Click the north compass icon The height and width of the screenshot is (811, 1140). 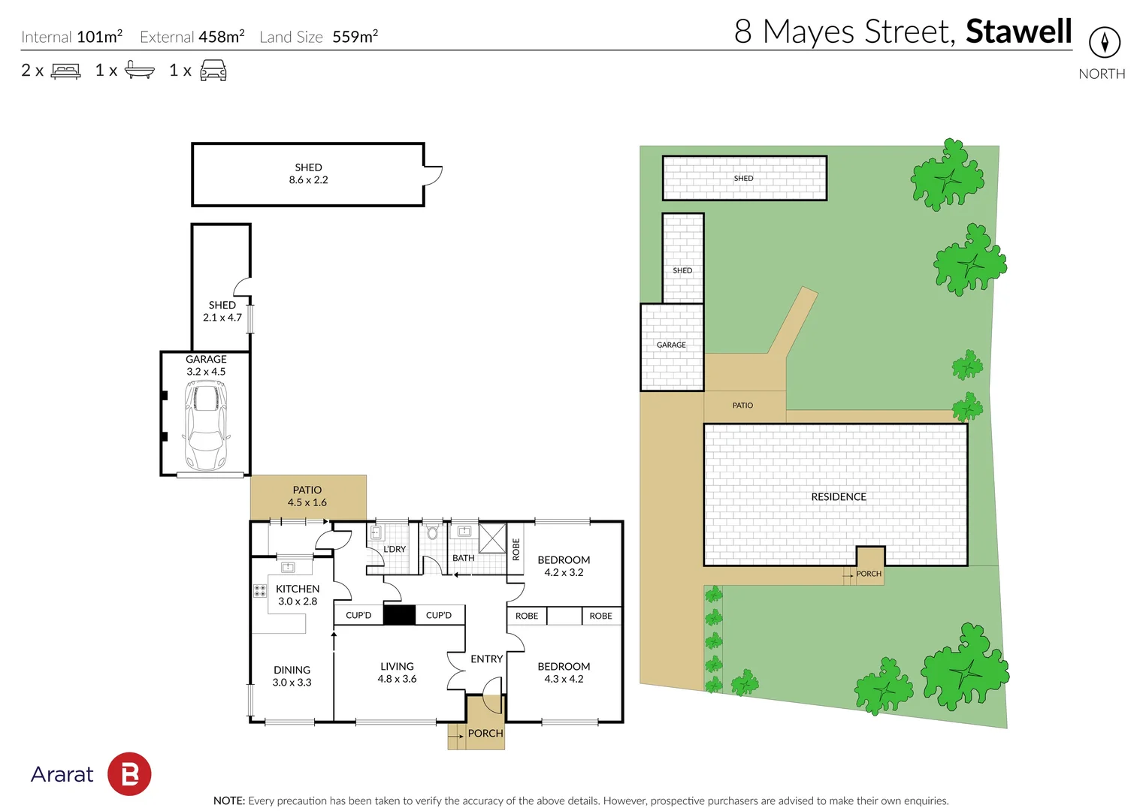click(x=1105, y=42)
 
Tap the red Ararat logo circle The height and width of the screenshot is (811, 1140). click(x=129, y=774)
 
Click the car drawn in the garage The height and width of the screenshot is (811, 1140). click(x=205, y=425)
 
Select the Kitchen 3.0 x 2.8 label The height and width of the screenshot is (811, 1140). click(x=298, y=595)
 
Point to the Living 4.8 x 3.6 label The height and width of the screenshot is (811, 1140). click(x=397, y=672)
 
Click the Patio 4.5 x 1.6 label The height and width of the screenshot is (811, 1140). click(x=307, y=496)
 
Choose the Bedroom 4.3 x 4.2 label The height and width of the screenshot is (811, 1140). click(x=564, y=672)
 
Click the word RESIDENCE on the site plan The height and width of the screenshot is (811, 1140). click(x=839, y=497)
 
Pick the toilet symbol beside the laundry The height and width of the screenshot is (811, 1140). click(x=432, y=532)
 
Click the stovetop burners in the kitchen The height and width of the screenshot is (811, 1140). click(x=259, y=591)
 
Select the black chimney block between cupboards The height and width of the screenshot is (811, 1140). click(x=399, y=615)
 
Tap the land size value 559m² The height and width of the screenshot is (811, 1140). click(x=355, y=36)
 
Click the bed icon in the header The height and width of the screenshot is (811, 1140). click(x=65, y=71)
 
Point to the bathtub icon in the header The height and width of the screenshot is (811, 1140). click(x=140, y=70)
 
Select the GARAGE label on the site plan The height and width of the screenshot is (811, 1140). click(x=671, y=345)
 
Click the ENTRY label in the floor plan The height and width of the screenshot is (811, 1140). click(x=486, y=659)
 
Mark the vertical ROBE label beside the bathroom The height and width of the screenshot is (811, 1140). click(x=516, y=549)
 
